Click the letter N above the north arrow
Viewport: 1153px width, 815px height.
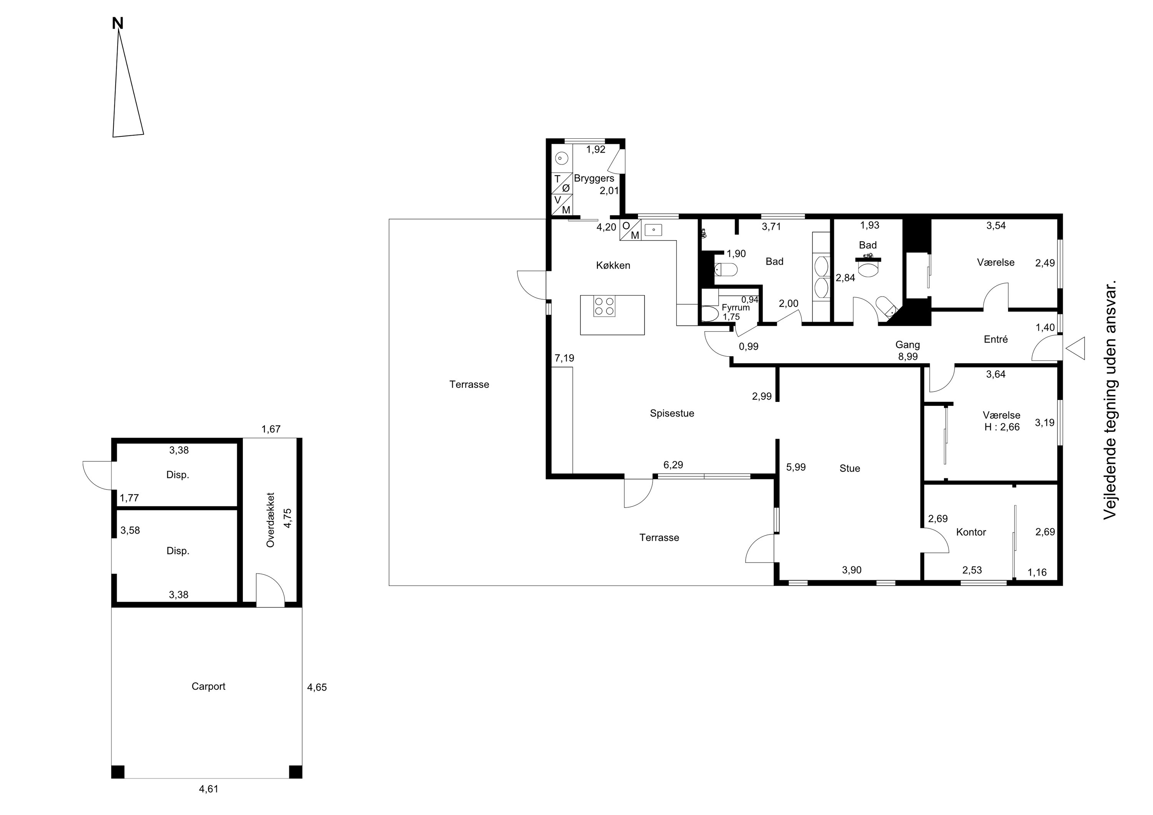click(118, 23)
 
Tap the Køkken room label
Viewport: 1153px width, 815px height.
click(613, 266)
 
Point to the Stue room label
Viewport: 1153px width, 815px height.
click(850, 468)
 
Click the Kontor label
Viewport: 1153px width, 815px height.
click(971, 532)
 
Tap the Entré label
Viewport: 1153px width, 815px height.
click(996, 339)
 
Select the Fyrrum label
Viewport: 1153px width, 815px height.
click(736, 307)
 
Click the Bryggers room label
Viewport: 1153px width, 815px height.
click(594, 178)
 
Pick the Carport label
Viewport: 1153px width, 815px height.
click(208, 686)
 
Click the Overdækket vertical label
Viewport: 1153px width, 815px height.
click(271, 520)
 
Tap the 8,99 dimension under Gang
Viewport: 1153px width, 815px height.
click(908, 357)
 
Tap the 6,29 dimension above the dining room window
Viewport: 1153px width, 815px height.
click(673, 465)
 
